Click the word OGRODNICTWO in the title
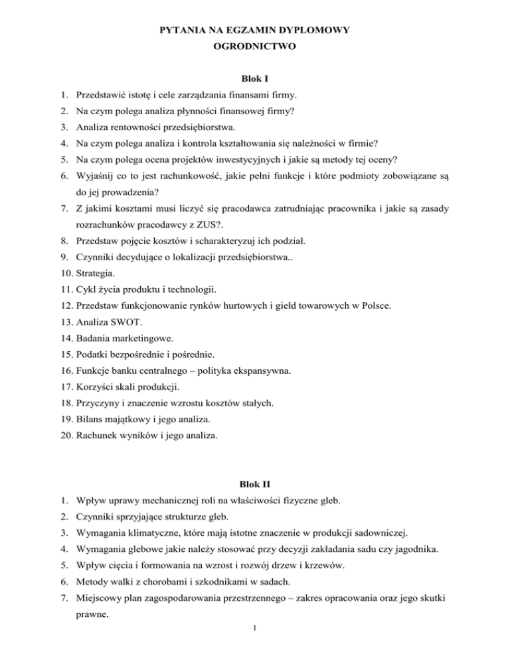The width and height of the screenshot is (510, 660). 255,48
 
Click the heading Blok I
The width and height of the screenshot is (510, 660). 255,79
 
